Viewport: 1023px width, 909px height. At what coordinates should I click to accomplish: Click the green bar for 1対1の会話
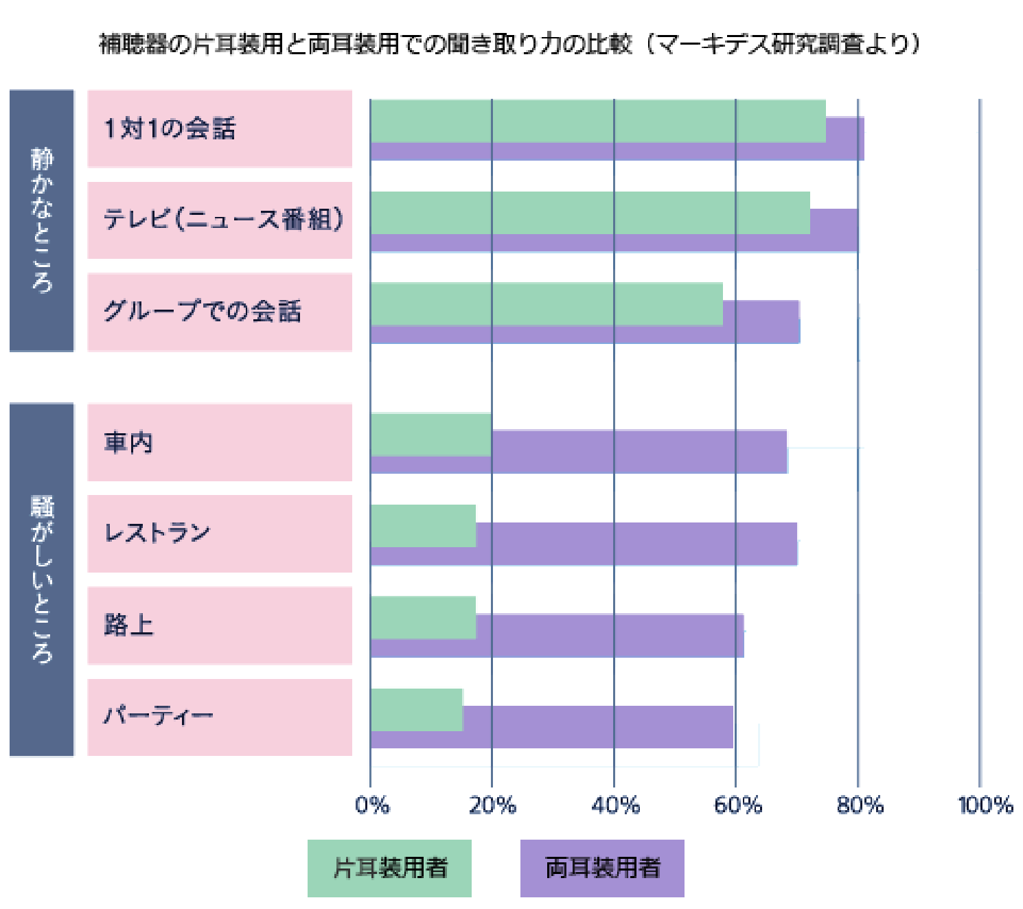(597, 121)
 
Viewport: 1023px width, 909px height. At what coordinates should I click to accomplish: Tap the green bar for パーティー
(417, 710)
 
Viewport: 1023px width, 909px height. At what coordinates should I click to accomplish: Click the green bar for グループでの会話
(546, 303)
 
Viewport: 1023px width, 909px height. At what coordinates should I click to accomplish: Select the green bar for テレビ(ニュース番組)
(590, 213)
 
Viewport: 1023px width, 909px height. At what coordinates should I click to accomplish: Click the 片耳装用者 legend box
(389, 868)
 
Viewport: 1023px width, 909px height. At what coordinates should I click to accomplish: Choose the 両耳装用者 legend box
(602, 868)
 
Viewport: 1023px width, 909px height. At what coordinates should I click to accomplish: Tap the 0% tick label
(372, 805)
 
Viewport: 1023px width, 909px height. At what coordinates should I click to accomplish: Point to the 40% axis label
(615, 805)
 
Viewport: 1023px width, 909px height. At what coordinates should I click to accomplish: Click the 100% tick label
(985, 805)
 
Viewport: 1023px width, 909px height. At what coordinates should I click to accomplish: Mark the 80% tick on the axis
(860, 805)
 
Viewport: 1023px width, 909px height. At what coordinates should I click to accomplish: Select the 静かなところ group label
(42, 220)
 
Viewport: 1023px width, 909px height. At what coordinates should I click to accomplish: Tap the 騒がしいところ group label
(42, 579)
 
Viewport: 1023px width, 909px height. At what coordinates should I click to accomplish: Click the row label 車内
(128, 442)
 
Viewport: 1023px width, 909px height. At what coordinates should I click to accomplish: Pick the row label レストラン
(157, 533)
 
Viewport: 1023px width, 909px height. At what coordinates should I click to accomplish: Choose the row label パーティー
(158, 716)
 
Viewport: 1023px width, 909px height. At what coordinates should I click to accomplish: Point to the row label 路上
(128, 625)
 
